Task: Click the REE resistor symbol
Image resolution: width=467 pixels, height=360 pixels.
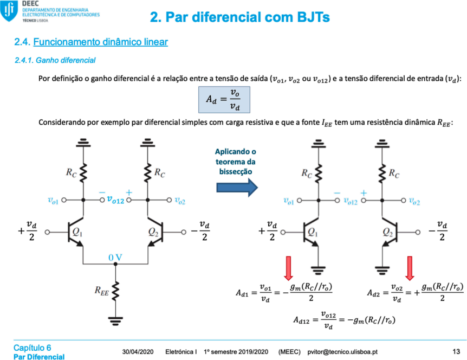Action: click(115, 290)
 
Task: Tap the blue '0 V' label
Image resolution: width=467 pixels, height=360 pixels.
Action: click(115, 258)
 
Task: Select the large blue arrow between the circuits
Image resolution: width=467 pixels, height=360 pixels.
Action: click(237, 188)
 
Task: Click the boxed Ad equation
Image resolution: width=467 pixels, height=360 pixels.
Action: click(224, 100)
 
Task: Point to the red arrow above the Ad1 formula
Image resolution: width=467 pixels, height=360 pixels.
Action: click(288, 268)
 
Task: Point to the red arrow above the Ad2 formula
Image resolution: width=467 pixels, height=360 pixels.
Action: click(410, 268)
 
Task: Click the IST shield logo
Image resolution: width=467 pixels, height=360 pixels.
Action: click(9, 11)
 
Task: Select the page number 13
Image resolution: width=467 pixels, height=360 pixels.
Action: click(456, 352)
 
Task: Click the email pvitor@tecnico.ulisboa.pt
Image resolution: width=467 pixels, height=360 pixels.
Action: click(342, 352)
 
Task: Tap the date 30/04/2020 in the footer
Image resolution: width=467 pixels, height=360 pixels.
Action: click(138, 352)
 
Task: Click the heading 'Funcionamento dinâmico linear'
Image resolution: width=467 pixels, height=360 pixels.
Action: click(100, 42)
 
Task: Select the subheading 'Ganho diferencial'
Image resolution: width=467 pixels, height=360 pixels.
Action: click(66, 60)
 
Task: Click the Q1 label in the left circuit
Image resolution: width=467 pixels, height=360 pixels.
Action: click(77, 232)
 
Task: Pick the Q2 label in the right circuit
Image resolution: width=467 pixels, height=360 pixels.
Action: click(387, 232)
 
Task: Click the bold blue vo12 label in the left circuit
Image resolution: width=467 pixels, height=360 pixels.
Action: click(115, 200)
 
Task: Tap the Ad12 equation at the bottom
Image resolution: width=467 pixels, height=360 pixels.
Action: click(345, 320)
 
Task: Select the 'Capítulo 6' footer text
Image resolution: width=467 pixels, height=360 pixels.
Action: click(32, 348)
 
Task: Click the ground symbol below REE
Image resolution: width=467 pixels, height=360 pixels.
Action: click(115, 321)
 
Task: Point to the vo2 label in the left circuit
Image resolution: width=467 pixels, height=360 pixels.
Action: click(180, 201)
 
